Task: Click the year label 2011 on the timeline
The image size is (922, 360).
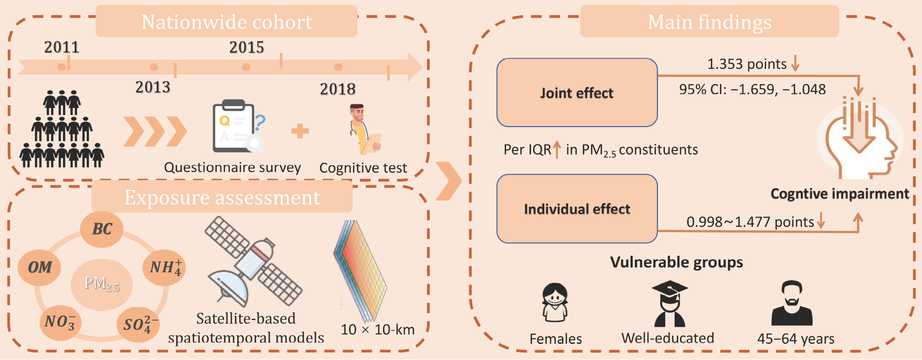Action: pyautogui.click(x=62, y=47)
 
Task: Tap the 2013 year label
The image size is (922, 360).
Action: pyautogui.click(x=153, y=87)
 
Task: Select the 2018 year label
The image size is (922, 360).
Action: pyautogui.click(x=338, y=89)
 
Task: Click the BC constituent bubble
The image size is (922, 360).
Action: pyautogui.click(x=102, y=229)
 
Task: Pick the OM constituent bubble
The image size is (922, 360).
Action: pyautogui.click(x=39, y=268)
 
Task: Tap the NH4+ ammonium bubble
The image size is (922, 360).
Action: pyautogui.click(x=164, y=268)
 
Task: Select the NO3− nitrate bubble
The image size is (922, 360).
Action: pyautogui.click(x=60, y=323)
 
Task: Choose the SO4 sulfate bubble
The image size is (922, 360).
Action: pyautogui.click(x=139, y=325)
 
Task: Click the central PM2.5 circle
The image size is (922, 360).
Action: pyautogui.click(x=102, y=284)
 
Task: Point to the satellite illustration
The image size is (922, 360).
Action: pyautogui.click(x=254, y=262)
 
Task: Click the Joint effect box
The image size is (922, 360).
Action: pyautogui.click(x=577, y=92)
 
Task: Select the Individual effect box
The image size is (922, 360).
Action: pyautogui.click(x=577, y=209)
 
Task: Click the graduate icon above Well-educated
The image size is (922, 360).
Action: pyautogui.click(x=669, y=303)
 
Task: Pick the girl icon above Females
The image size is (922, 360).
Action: pyautogui.click(x=555, y=302)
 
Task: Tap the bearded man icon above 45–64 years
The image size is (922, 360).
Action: pyautogui.click(x=792, y=302)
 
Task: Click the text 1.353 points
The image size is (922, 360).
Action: pyautogui.click(x=747, y=64)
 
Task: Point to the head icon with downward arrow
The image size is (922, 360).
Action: pyautogui.click(x=860, y=138)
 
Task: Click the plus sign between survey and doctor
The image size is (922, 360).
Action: pyautogui.click(x=300, y=131)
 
